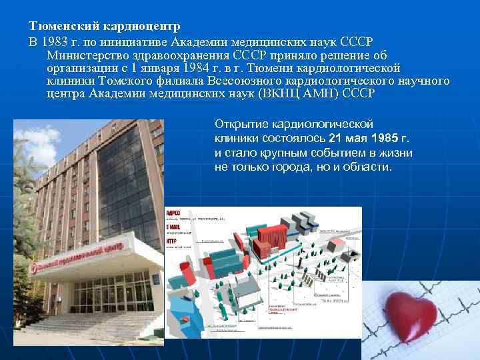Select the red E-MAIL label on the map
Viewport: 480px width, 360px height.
(x=175, y=227)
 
